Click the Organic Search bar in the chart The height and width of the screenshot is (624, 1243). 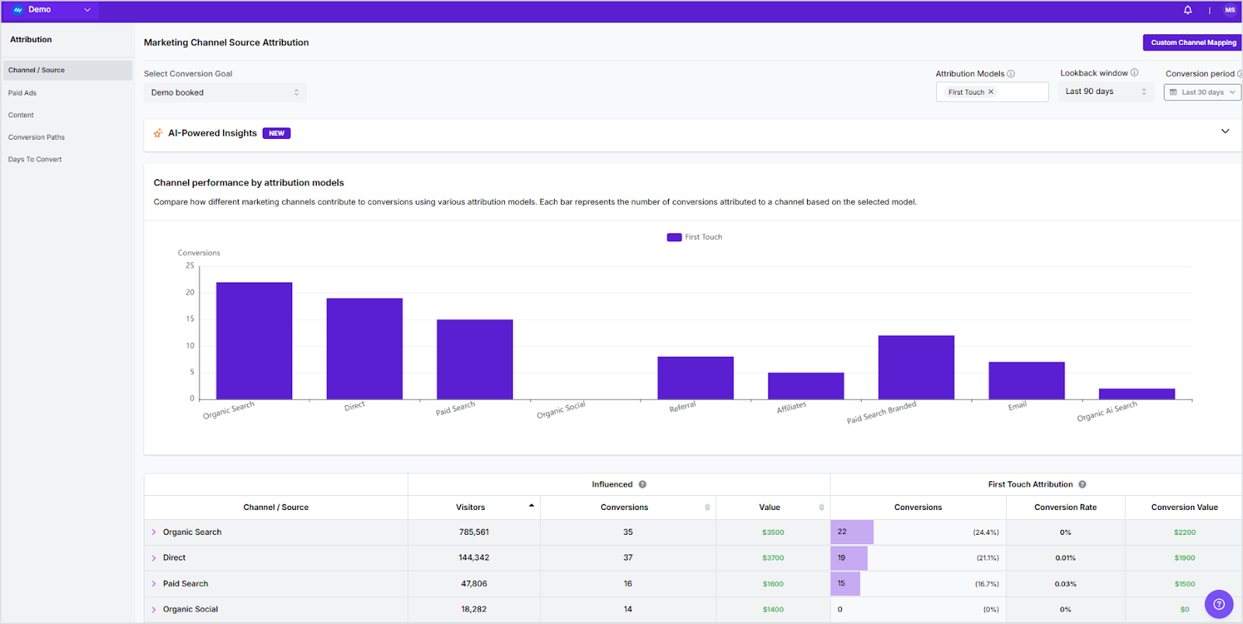point(254,341)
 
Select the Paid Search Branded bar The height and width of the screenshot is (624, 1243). point(916,367)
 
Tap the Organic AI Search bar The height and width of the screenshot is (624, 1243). point(1137,393)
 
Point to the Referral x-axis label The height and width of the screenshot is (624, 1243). point(682,407)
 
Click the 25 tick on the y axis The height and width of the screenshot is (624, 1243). point(190,265)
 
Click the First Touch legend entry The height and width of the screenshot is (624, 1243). point(695,237)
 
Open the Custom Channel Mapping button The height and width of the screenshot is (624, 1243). point(1193,43)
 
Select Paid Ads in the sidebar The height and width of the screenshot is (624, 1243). point(23,93)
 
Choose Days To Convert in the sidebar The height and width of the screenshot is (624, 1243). point(35,159)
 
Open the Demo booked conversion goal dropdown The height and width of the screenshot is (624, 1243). point(225,92)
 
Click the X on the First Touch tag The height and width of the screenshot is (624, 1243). point(991,92)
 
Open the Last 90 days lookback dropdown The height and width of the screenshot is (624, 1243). point(1105,92)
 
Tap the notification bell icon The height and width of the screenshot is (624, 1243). point(1187,10)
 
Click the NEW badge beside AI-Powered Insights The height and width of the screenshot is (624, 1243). point(277,133)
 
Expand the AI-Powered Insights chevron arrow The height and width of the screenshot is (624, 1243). point(1225,131)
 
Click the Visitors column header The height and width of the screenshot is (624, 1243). point(471,508)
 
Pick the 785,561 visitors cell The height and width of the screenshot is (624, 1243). point(474,532)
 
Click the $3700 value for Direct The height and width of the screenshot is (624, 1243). point(772,558)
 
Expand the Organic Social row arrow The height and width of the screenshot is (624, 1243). point(154,609)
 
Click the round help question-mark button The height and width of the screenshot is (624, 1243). point(1218,604)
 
